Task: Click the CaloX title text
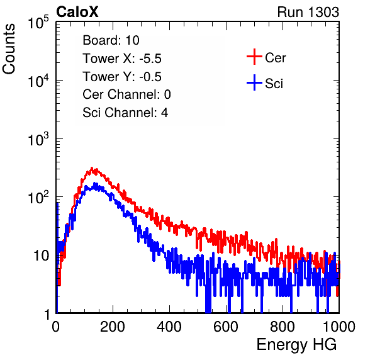pos(77,12)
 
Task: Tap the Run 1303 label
pos(308,12)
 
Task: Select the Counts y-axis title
pos(9,49)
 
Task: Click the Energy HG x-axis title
pos(296,345)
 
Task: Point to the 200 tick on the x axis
pos(113,327)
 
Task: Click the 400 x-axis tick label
pos(169,327)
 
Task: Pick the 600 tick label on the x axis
pos(226,327)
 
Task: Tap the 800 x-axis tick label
pos(283,327)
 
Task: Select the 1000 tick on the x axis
pos(339,327)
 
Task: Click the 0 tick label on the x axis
pos(56,327)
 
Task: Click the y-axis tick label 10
pos(41,256)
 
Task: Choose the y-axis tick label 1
pos(47,314)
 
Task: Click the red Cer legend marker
pos(254,57)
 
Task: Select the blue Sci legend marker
pos(254,82)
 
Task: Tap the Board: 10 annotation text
pos(111,40)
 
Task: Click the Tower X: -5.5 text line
pos(122,59)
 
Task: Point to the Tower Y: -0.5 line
pos(122,77)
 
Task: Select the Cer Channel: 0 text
pos(126,94)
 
